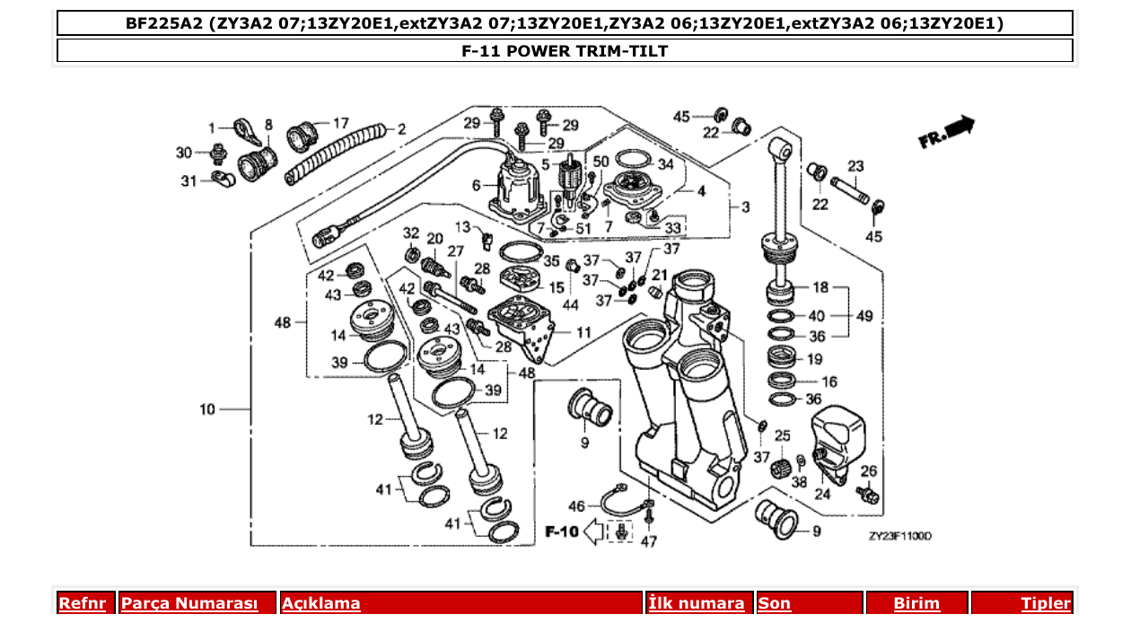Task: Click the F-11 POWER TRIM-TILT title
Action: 565,51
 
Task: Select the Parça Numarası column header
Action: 189,603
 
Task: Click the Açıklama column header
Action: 321,603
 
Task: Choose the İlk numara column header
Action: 697,603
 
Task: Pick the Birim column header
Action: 916,603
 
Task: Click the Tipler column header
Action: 1045,603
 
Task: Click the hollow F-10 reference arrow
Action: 594,532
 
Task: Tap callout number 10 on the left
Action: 207,409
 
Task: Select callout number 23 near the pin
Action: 855,166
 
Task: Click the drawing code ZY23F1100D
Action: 899,536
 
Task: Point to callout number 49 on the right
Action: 864,316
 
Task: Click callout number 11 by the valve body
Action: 583,332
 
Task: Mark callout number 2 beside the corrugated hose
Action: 401,129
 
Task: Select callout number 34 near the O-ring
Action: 665,164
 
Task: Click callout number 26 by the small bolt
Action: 868,470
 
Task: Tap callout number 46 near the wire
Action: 576,506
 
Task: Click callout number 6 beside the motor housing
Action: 477,185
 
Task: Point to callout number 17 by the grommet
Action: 341,123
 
